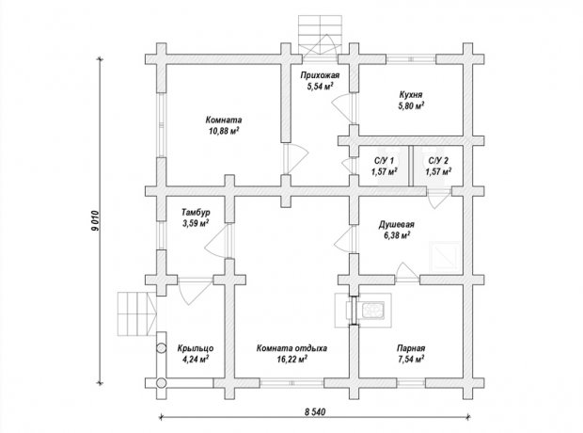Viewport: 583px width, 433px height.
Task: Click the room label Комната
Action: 224,120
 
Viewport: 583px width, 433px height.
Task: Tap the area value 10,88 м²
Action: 224,131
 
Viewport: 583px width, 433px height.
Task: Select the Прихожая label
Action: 320,75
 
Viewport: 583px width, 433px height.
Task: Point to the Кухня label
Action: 411,95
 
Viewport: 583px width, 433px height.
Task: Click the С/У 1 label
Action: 384,161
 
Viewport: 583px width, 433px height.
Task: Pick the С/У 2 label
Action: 438,161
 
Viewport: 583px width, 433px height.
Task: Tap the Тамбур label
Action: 196,213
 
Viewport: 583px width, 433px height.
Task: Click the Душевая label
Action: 397,225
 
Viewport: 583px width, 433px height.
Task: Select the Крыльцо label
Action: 196,348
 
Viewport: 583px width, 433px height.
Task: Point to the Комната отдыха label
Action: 291,348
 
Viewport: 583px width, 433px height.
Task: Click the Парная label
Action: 411,348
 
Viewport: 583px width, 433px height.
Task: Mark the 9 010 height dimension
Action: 95,221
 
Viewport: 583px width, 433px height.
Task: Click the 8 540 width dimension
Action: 315,411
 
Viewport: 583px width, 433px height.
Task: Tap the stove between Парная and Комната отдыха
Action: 373,310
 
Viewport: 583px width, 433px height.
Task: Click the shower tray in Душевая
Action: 445,257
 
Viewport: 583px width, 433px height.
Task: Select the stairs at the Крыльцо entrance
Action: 136,313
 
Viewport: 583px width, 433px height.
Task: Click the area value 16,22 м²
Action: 291,360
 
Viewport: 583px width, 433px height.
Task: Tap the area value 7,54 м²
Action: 411,360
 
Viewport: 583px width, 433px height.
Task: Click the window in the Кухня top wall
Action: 411,59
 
